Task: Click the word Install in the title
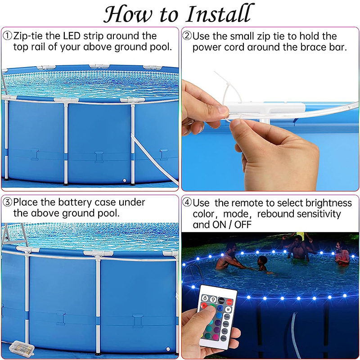[220, 14]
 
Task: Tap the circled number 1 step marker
[7, 36]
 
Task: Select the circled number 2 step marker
[187, 36]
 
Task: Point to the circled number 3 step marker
[7, 202]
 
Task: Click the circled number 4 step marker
[187, 202]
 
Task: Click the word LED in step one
[72, 36]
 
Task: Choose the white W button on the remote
[228, 309]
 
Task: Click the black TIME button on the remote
[221, 300]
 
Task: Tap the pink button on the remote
[216, 337]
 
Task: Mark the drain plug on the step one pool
[125, 180]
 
